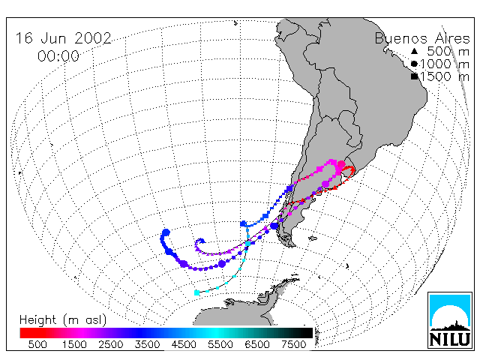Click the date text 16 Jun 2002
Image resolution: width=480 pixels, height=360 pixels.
tap(63, 38)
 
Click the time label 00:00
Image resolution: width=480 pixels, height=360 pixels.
tap(58, 56)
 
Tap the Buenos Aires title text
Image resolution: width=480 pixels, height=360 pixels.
tap(422, 38)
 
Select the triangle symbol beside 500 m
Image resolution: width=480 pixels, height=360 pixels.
tap(414, 51)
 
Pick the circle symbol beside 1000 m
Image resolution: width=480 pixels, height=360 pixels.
tap(414, 64)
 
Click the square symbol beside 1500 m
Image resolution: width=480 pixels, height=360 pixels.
tap(414, 76)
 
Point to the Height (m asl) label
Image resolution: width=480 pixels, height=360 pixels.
tap(63, 320)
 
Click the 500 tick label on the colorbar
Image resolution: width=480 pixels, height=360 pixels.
tap(37, 345)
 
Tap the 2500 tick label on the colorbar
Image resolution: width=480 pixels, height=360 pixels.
tap(110, 345)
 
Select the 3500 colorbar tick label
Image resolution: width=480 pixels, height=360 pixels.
tap(147, 345)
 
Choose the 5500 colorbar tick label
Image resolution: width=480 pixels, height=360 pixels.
tap(220, 345)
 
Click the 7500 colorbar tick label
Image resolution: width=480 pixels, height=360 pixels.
tap(293, 345)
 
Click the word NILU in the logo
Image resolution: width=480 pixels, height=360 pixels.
tap(450, 339)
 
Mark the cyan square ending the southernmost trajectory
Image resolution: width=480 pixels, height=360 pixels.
tap(196, 293)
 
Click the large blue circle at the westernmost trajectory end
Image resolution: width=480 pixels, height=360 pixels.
tap(166, 232)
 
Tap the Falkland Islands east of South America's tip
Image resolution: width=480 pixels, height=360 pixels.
tap(313, 238)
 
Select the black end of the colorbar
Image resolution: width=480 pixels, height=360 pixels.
tap(309, 333)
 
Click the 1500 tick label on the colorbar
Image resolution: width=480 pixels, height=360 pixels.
tap(74, 345)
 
